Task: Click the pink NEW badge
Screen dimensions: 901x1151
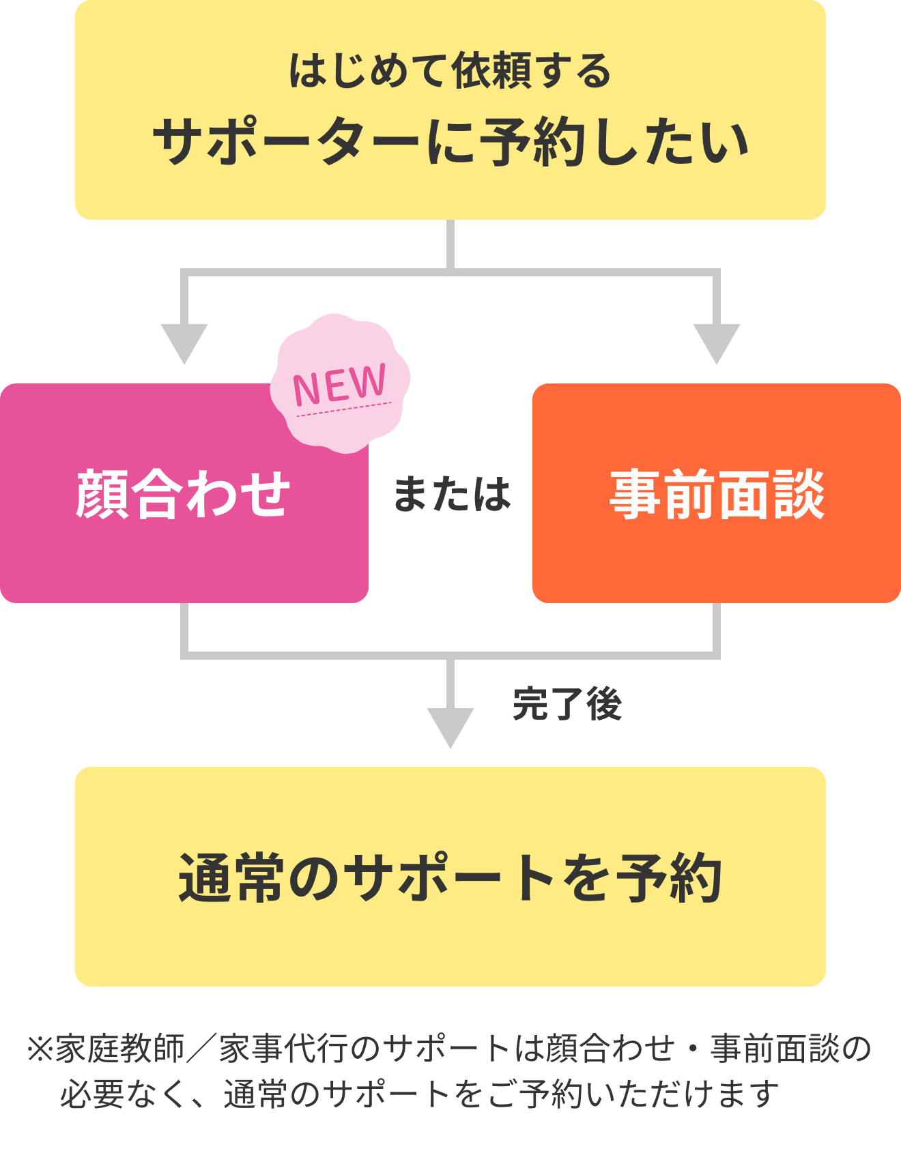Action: pyautogui.click(x=341, y=383)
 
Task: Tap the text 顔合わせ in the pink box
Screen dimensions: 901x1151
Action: pyautogui.click(x=184, y=494)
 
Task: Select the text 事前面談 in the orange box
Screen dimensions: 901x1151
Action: pyautogui.click(x=717, y=494)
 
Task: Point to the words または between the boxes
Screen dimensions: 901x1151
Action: pyautogui.click(x=452, y=494)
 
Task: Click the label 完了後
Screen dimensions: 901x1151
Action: pyautogui.click(x=567, y=704)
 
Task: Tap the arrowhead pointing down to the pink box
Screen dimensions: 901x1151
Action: pyautogui.click(x=184, y=344)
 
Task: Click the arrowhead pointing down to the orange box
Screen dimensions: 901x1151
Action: pyautogui.click(x=717, y=344)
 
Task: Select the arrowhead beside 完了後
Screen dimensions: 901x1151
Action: pyautogui.click(x=450, y=728)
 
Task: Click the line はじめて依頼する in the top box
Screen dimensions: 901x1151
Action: pyautogui.click(x=450, y=71)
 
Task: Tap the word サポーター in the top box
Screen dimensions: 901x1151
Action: pyautogui.click(x=286, y=142)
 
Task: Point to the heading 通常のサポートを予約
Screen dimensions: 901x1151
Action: pyautogui.click(x=450, y=878)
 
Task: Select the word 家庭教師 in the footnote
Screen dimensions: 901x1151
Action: pyautogui.click(x=121, y=1049)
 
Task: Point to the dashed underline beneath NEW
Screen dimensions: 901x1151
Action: pyautogui.click(x=344, y=409)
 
